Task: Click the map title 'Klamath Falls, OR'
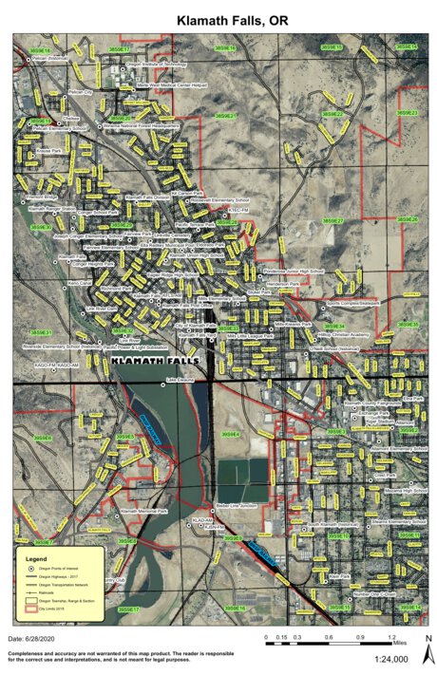click(218, 17)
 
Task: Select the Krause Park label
click(48, 151)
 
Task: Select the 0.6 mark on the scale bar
click(327, 638)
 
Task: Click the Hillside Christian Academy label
click(342, 335)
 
